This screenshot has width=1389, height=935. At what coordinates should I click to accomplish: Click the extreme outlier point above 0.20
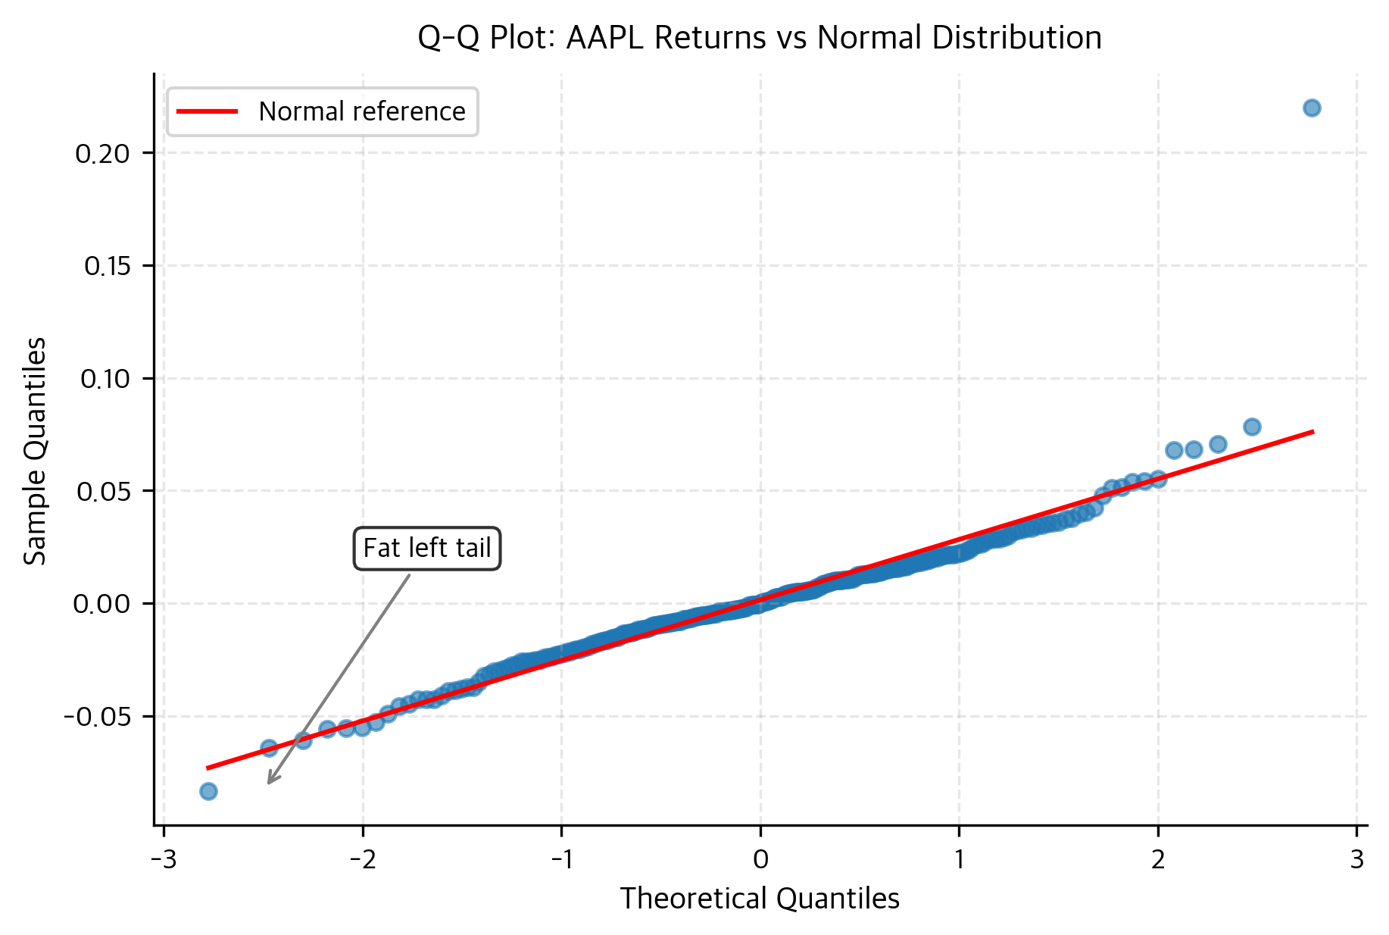[x=1312, y=108]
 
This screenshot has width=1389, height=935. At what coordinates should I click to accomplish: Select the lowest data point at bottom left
[x=208, y=792]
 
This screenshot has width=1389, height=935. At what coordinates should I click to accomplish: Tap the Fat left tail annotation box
[x=426, y=548]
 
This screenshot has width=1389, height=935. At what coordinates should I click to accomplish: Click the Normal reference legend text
[x=361, y=112]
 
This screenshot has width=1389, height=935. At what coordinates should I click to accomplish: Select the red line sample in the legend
[x=207, y=112]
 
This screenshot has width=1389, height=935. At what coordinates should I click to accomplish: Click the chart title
[x=759, y=37]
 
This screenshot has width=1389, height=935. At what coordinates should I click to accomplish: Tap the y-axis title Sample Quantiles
[x=35, y=451]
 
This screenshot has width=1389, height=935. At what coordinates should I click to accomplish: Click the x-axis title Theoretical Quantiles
[x=759, y=899]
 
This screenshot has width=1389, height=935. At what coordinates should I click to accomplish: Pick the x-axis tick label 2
[x=1158, y=859]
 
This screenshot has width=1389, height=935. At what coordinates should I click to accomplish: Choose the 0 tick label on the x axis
[x=760, y=859]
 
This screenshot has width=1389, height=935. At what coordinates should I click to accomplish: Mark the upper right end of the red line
[x=1312, y=432]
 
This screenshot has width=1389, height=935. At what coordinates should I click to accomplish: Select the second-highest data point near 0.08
[x=1252, y=427]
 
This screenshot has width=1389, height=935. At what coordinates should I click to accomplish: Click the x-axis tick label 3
[x=1356, y=859]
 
